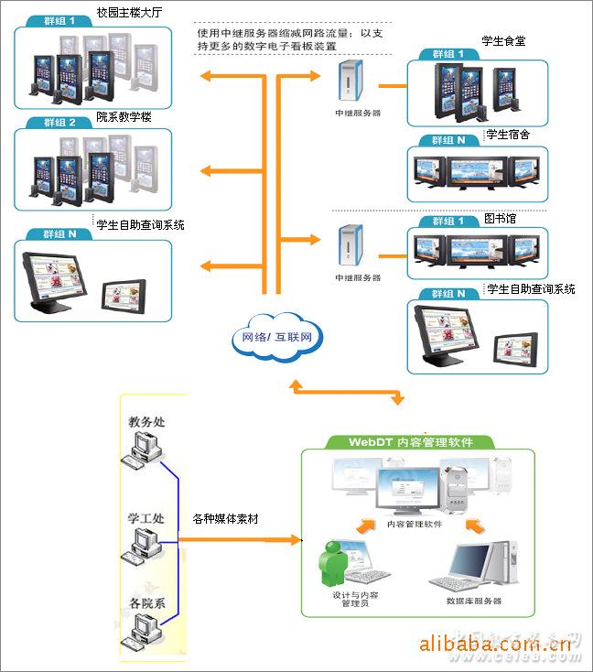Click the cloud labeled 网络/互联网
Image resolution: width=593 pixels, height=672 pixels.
coord(277,337)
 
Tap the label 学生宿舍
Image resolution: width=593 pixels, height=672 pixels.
coord(508,135)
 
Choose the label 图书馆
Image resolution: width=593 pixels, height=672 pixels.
coord(501,220)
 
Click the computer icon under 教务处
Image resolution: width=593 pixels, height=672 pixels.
coord(144,449)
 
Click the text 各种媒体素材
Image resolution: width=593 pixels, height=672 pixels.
coord(225,518)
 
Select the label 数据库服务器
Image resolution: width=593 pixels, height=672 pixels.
coord(473,602)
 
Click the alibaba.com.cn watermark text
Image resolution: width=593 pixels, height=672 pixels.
coord(495,645)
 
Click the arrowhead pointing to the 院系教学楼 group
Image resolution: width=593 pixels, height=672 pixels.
coord(207,171)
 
